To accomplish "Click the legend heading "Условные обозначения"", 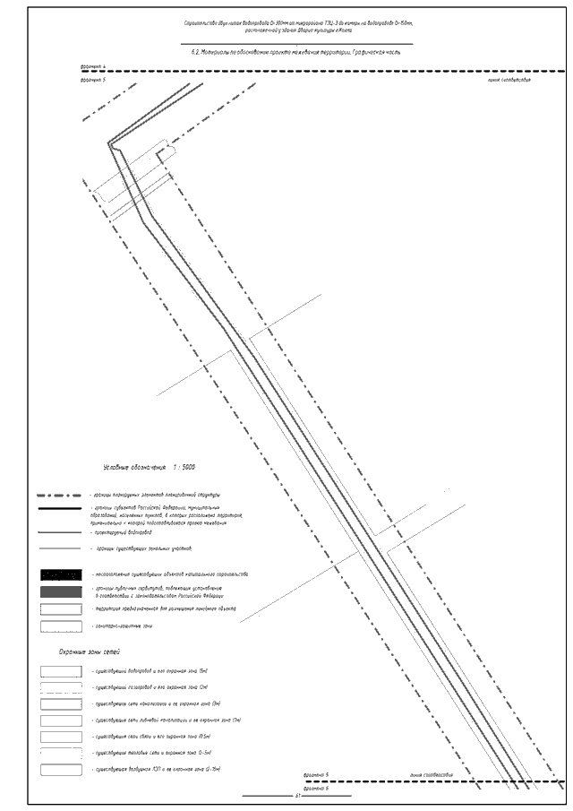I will click(135, 468).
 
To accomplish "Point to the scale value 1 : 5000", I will click(183, 468).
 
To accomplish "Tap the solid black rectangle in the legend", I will click(61, 574).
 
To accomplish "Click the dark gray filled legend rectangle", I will click(61, 592).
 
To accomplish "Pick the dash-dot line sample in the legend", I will click(61, 495).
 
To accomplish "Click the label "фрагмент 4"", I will click(92, 67).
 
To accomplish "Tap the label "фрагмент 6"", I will click(316, 788).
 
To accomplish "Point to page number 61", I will click(297, 796).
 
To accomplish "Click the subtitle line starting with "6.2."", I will click(295, 52).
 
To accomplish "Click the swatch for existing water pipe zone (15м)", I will click(61, 670).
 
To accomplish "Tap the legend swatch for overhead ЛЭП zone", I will click(61, 770).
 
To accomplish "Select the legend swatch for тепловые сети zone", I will click(61, 754).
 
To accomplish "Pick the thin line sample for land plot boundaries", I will click(61, 548).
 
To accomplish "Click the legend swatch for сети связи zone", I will click(61, 737).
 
